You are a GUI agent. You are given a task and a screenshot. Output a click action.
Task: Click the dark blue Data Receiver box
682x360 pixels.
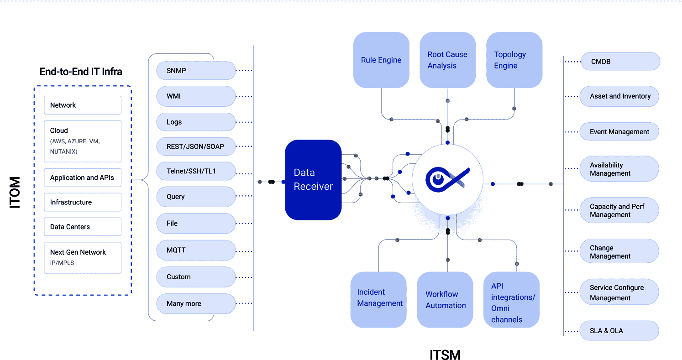click(x=313, y=179)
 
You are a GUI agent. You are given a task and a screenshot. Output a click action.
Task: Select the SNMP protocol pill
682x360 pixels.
click(x=196, y=71)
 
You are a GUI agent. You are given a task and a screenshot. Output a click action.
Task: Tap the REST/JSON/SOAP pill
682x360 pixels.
click(x=196, y=147)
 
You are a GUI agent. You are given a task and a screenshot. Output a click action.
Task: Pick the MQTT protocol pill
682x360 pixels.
click(x=196, y=250)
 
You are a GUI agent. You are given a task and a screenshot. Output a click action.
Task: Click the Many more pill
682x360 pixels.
click(x=196, y=303)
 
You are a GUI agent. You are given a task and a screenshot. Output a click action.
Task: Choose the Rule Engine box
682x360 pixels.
click(x=381, y=60)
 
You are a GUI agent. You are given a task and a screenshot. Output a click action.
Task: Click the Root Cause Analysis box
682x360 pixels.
click(x=447, y=60)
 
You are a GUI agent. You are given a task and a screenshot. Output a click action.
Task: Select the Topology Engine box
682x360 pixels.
click(x=514, y=60)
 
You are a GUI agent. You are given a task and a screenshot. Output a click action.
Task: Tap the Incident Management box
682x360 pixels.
click(x=378, y=300)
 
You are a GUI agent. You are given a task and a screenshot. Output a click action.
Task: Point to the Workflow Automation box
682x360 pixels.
click(x=445, y=300)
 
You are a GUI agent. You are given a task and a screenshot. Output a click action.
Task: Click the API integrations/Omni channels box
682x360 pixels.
click(x=512, y=300)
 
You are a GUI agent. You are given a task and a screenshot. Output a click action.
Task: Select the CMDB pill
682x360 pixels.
click(x=620, y=62)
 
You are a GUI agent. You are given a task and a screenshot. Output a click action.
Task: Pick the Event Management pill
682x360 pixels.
click(x=619, y=132)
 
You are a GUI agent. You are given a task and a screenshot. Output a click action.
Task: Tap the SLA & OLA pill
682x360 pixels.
click(x=619, y=331)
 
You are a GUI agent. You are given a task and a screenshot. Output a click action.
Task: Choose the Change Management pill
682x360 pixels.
click(x=619, y=252)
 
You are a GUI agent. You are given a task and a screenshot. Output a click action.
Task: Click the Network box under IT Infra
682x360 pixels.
click(x=83, y=105)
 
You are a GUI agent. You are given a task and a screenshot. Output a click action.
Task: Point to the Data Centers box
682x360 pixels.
click(x=83, y=227)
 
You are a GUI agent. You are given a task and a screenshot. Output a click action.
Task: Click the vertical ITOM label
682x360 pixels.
click(x=15, y=192)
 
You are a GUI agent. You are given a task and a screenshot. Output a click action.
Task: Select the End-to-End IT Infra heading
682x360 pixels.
click(x=81, y=72)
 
